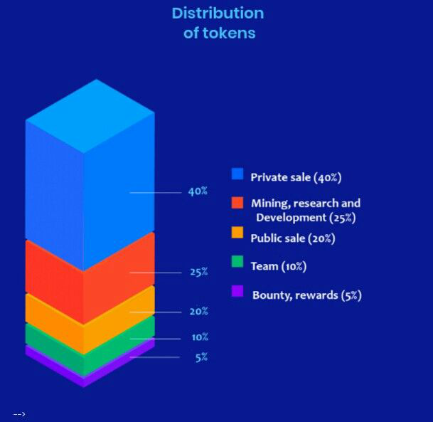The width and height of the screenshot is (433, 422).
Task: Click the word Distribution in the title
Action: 218,14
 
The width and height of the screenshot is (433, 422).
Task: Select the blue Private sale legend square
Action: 237,174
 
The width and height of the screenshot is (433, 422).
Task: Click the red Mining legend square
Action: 237,203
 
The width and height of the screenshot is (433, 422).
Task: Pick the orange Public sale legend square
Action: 237,233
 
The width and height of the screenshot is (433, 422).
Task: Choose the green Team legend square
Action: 237,262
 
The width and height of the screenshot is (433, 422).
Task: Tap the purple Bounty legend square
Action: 237,291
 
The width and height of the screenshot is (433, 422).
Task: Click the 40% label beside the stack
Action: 198,191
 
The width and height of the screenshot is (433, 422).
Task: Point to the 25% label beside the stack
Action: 198,272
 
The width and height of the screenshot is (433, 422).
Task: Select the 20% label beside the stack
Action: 198,311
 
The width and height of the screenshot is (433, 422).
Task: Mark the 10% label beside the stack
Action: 199,337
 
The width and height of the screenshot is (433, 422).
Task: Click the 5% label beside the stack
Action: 201,357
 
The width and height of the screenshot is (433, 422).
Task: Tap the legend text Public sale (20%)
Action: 292,238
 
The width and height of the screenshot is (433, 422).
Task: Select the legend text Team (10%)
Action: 278,267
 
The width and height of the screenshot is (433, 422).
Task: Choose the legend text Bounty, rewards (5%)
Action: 306,295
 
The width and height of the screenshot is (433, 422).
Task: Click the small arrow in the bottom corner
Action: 19,413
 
